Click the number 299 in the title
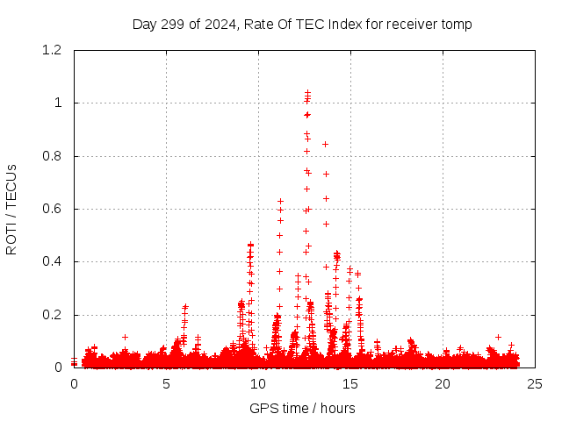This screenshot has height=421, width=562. pyautogui.click(x=171, y=25)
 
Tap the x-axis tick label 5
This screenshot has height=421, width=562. pyautogui.click(x=166, y=383)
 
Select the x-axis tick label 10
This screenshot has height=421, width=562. pyautogui.click(x=258, y=383)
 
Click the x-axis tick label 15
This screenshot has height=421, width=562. pyautogui.click(x=350, y=383)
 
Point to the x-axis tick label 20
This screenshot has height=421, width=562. pyautogui.click(x=443, y=383)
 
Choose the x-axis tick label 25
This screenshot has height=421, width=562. pyautogui.click(x=535, y=383)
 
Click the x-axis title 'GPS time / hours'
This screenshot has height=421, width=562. pyautogui.click(x=303, y=408)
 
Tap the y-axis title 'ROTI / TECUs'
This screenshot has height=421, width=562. pyautogui.click(x=11, y=209)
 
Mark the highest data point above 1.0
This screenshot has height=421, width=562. pyautogui.click(x=307, y=91)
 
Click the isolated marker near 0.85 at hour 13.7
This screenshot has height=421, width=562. pyautogui.click(x=326, y=144)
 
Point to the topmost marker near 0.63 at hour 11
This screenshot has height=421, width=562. pyautogui.click(x=280, y=201)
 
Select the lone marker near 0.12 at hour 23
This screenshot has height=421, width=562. pyautogui.click(x=498, y=337)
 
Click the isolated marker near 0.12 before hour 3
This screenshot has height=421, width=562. pyautogui.click(x=125, y=337)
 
